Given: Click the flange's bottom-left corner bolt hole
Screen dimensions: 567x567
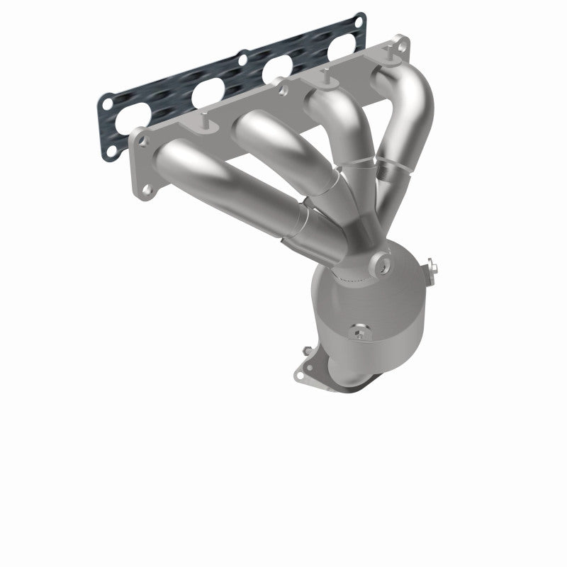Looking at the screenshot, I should (x=146, y=189).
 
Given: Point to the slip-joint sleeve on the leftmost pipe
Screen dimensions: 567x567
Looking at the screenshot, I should (x=301, y=225).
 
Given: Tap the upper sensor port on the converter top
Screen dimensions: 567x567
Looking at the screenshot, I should (x=384, y=266).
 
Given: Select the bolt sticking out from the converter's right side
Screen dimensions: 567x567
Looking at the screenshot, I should (x=433, y=269).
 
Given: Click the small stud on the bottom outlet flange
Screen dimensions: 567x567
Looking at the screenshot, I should (x=307, y=350).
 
